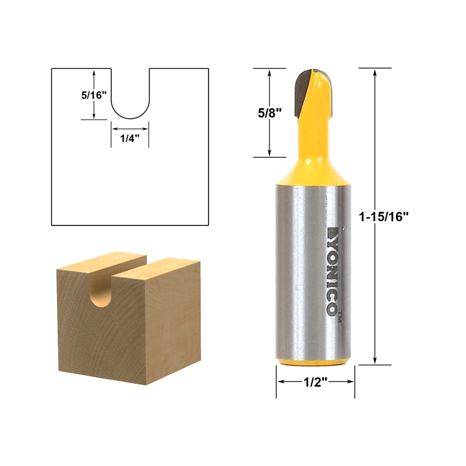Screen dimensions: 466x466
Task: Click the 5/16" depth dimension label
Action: click(93, 94)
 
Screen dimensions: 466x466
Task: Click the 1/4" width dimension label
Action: click(130, 139)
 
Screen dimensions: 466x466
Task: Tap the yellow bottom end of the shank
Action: click(315, 362)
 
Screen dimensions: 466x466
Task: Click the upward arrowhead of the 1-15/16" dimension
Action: click(375, 72)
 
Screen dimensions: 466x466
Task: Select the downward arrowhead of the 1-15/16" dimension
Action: click(375, 361)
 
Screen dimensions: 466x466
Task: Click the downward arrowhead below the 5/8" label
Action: click(269, 153)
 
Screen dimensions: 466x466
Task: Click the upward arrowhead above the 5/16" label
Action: click(94, 72)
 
